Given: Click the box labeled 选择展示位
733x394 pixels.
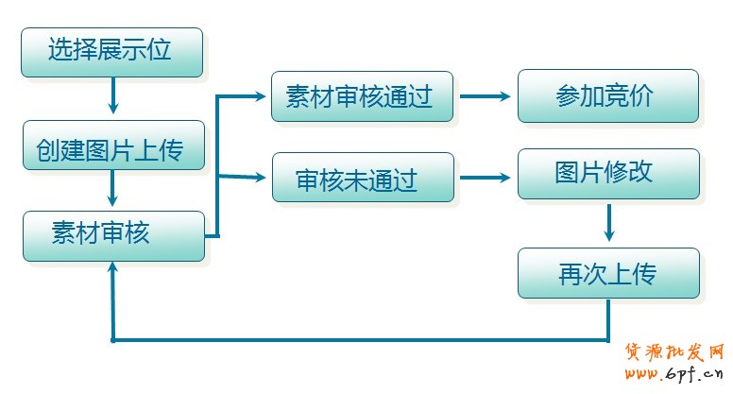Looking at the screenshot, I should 111,51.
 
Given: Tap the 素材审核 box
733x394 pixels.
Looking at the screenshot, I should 112,234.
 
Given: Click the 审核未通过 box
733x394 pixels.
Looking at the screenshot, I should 362,177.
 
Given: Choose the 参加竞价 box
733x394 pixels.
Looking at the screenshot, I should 607,95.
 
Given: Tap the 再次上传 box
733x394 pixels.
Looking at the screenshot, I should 607,273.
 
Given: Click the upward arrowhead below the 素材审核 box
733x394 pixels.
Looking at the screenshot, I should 112,270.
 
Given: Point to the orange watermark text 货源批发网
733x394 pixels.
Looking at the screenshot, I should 673,352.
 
